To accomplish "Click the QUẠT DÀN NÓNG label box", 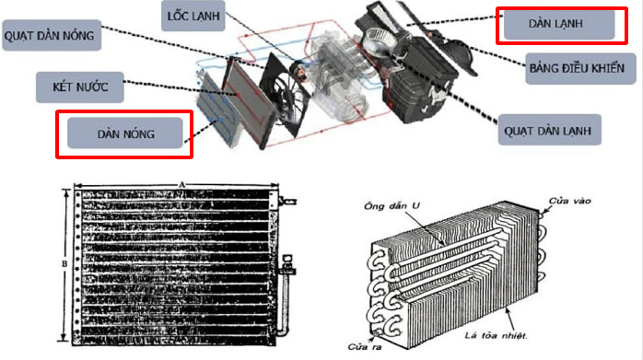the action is coord(52,35).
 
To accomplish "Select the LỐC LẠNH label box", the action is coord(193,16).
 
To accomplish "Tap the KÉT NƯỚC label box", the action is coord(80,87).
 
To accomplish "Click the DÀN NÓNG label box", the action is coord(125,134).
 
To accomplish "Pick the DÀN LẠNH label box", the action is coord(559,24).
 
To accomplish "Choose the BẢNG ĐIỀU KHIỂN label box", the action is coord(580,68).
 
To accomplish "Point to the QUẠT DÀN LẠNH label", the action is coord(550,130).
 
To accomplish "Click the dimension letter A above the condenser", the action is coord(182,185).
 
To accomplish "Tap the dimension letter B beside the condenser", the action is coord(64,263).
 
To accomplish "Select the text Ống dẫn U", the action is coord(392,205).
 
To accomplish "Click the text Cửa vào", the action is coord(569,201).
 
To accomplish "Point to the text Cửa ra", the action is coord(365,347).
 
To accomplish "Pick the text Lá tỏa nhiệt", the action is coord(496,336).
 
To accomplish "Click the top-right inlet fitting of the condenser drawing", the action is coord(286,201).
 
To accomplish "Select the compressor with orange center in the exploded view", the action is coord(299,71).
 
